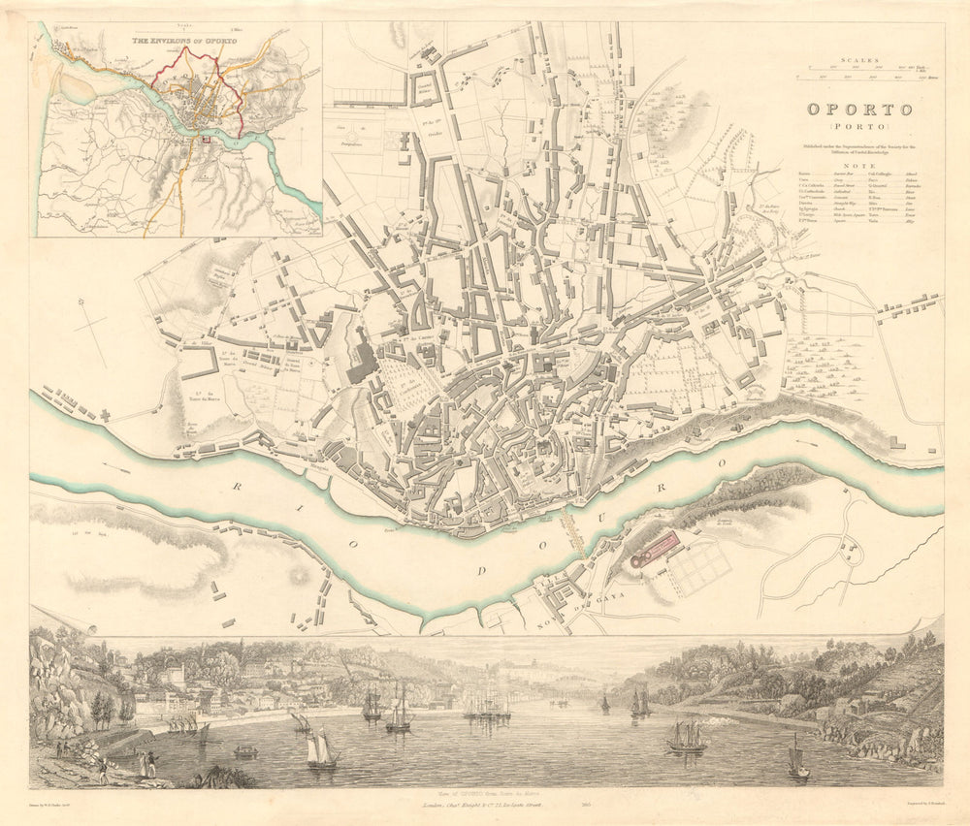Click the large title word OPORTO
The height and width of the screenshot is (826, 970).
click(x=860, y=110)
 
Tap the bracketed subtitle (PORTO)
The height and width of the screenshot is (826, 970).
click(x=860, y=127)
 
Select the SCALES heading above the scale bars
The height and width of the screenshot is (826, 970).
click(x=860, y=59)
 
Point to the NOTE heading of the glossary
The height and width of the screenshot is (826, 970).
click(x=860, y=165)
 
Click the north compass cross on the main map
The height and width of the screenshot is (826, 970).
click(x=93, y=325)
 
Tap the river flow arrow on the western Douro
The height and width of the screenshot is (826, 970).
click(x=115, y=469)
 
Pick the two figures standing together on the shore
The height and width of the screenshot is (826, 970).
click(x=146, y=764)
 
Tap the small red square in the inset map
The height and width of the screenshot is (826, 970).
click(x=206, y=142)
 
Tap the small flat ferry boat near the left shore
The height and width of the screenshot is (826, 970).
click(x=246, y=751)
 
